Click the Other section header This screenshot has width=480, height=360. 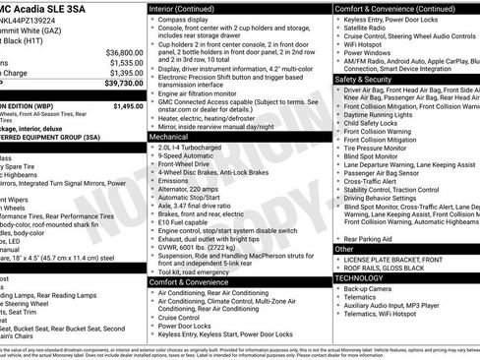(x=344, y=249)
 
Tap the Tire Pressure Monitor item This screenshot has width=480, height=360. (x=378, y=148)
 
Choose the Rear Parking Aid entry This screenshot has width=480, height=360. (x=369, y=238)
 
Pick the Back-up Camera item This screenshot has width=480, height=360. (x=370, y=290)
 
